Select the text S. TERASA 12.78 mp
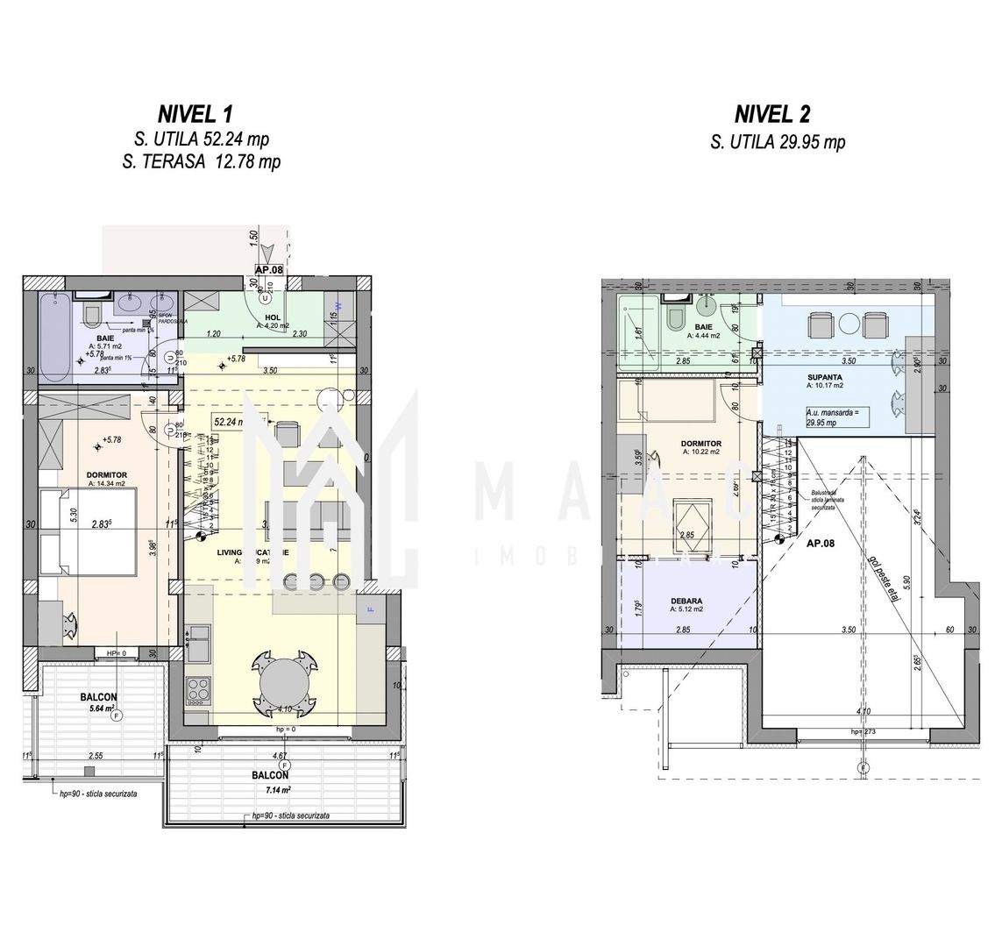coord(207,162)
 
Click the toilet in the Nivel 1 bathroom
coord(90,315)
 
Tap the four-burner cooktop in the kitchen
coord(198,686)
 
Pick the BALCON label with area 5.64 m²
coord(99,698)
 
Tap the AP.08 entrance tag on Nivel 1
coord(270,270)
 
